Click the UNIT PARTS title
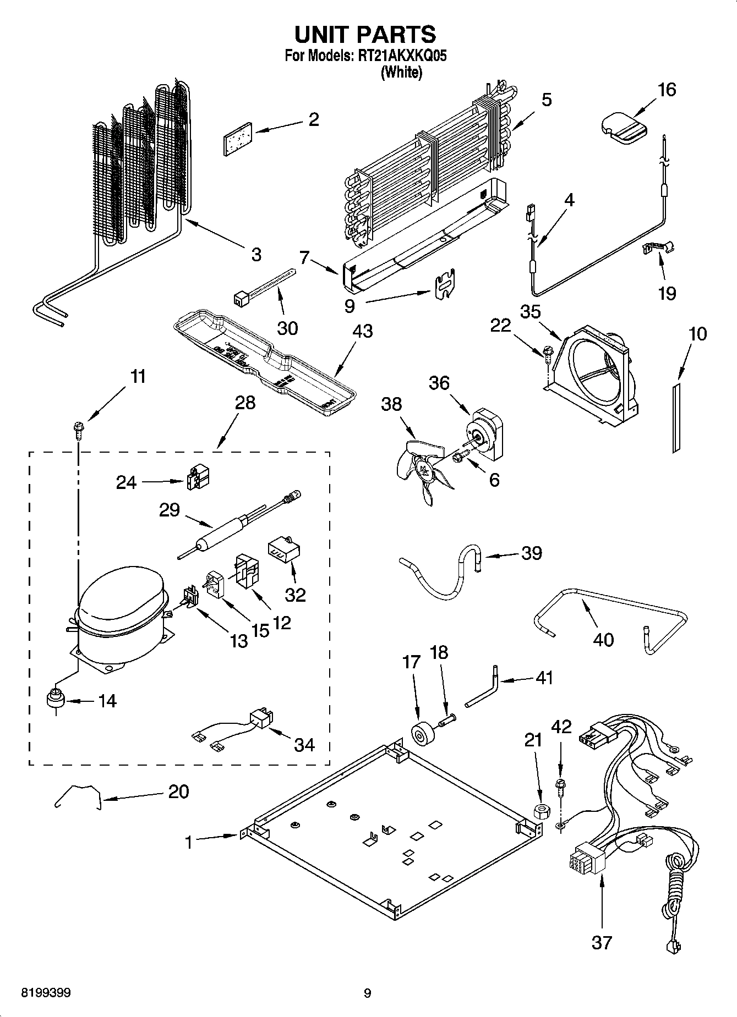[x=365, y=34]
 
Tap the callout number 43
[x=363, y=331]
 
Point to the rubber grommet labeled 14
[x=55, y=700]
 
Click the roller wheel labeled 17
[x=423, y=735]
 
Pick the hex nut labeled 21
[x=540, y=811]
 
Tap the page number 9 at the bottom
[x=367, y=993]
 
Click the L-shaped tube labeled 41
[x=484, y=688]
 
